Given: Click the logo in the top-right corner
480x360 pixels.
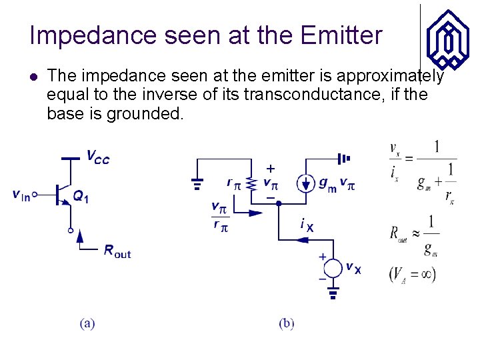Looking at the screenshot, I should pyautogui.click(x=447, y=39).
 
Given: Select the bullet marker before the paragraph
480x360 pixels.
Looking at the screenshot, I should pyautogui.click(x=34, y=77).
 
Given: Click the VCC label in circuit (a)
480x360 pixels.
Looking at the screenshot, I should pyautogui.click(x=98, y=157).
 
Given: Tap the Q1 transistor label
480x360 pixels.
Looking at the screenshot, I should pyautogui.click(x=81, y=197).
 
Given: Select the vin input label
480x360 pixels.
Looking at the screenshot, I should pyautogui.click(x=21, y=195).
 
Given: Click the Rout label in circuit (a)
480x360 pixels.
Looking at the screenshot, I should pyautogui.click(x=117, y=251).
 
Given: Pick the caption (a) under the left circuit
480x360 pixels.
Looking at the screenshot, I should pyautogui.click(x=87, y=324).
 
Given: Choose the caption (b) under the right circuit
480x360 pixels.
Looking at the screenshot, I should pyautogui.click(x=287, y=324).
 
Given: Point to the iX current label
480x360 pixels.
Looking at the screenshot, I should pyautogui.click(x=307, y=226).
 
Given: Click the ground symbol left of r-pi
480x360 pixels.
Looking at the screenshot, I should pyautogui.click(x=198, y=183).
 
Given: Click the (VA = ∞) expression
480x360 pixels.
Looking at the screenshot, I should pyautogui.click(x=412, y=274).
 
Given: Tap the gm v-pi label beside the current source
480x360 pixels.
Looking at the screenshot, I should pyautogui.click(x=337, y=183).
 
